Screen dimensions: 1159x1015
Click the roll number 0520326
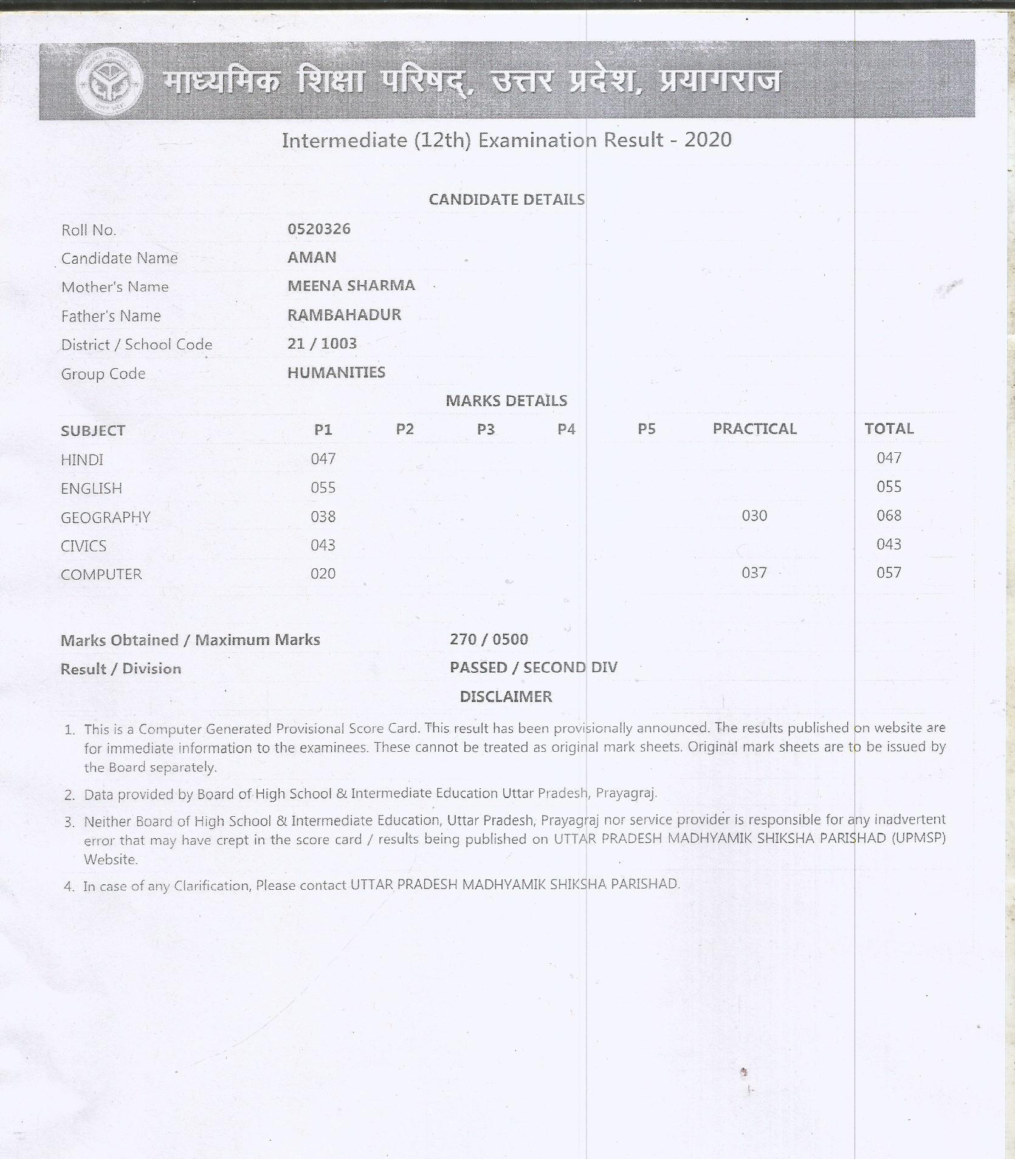(318, 229)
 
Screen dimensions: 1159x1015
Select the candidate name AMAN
(312, 258)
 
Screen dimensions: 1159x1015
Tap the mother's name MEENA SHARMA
(351, 286)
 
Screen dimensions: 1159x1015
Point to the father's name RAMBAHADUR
(344, 315)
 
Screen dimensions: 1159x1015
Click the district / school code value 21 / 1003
(322, 344)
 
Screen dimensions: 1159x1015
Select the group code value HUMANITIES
(336, 373)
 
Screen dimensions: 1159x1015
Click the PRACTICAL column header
(754, 429)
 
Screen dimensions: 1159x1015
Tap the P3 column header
(485, 430)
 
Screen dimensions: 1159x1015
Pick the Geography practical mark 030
(754, 516)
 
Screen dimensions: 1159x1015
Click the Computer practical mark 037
(754, 573)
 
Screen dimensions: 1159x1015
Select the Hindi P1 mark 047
(323, 459)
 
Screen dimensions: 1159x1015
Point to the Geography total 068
(889, 516)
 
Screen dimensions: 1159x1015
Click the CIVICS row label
(83, 546)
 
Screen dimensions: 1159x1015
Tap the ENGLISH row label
(91, 489)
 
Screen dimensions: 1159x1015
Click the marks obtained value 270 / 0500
(489, 639)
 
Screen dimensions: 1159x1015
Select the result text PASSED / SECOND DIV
(533, 667)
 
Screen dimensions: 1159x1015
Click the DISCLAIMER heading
(506, 696)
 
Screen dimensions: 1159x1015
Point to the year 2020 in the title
(707, 140)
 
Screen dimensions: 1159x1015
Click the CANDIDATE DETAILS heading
(506, 200)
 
